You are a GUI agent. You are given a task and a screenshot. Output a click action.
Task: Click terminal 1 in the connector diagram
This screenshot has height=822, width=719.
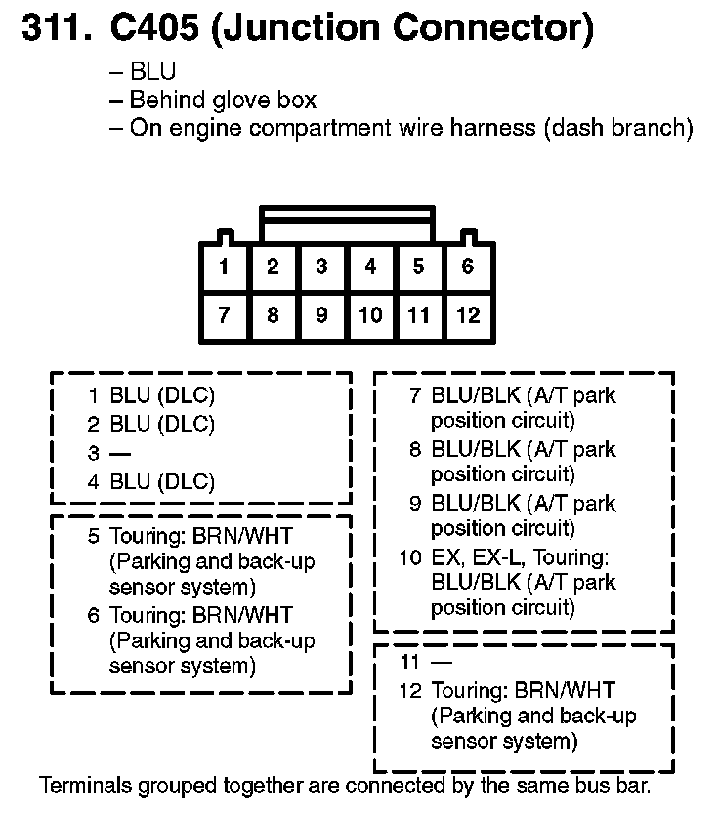224,267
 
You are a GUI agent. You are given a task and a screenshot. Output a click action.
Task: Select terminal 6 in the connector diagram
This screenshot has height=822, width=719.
468,267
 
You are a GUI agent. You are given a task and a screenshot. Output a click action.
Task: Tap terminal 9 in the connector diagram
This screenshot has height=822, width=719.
322,315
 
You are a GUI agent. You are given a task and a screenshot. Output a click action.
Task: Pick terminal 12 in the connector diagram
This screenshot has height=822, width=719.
468,315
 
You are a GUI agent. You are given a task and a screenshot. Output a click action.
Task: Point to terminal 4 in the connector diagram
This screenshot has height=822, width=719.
370,267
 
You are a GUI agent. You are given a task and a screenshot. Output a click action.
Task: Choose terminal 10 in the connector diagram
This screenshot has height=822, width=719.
370,315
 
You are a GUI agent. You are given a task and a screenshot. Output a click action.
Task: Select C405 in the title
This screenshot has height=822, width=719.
154,27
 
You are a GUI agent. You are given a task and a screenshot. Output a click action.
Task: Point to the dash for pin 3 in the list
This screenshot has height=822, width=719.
120,453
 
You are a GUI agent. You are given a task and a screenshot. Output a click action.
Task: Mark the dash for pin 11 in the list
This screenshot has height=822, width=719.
441,663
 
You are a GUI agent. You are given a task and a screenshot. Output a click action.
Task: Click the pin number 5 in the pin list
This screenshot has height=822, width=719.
94,536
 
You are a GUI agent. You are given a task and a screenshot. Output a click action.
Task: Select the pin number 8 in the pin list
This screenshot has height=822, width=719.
415,449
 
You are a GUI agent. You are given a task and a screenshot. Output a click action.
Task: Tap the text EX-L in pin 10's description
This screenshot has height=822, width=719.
499,557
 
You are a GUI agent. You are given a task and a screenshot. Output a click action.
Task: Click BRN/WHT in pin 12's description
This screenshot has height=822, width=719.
565,690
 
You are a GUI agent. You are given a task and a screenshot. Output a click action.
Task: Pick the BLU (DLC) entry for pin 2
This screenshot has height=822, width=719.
162,424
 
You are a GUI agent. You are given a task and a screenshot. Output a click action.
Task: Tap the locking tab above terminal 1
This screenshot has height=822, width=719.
226,237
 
